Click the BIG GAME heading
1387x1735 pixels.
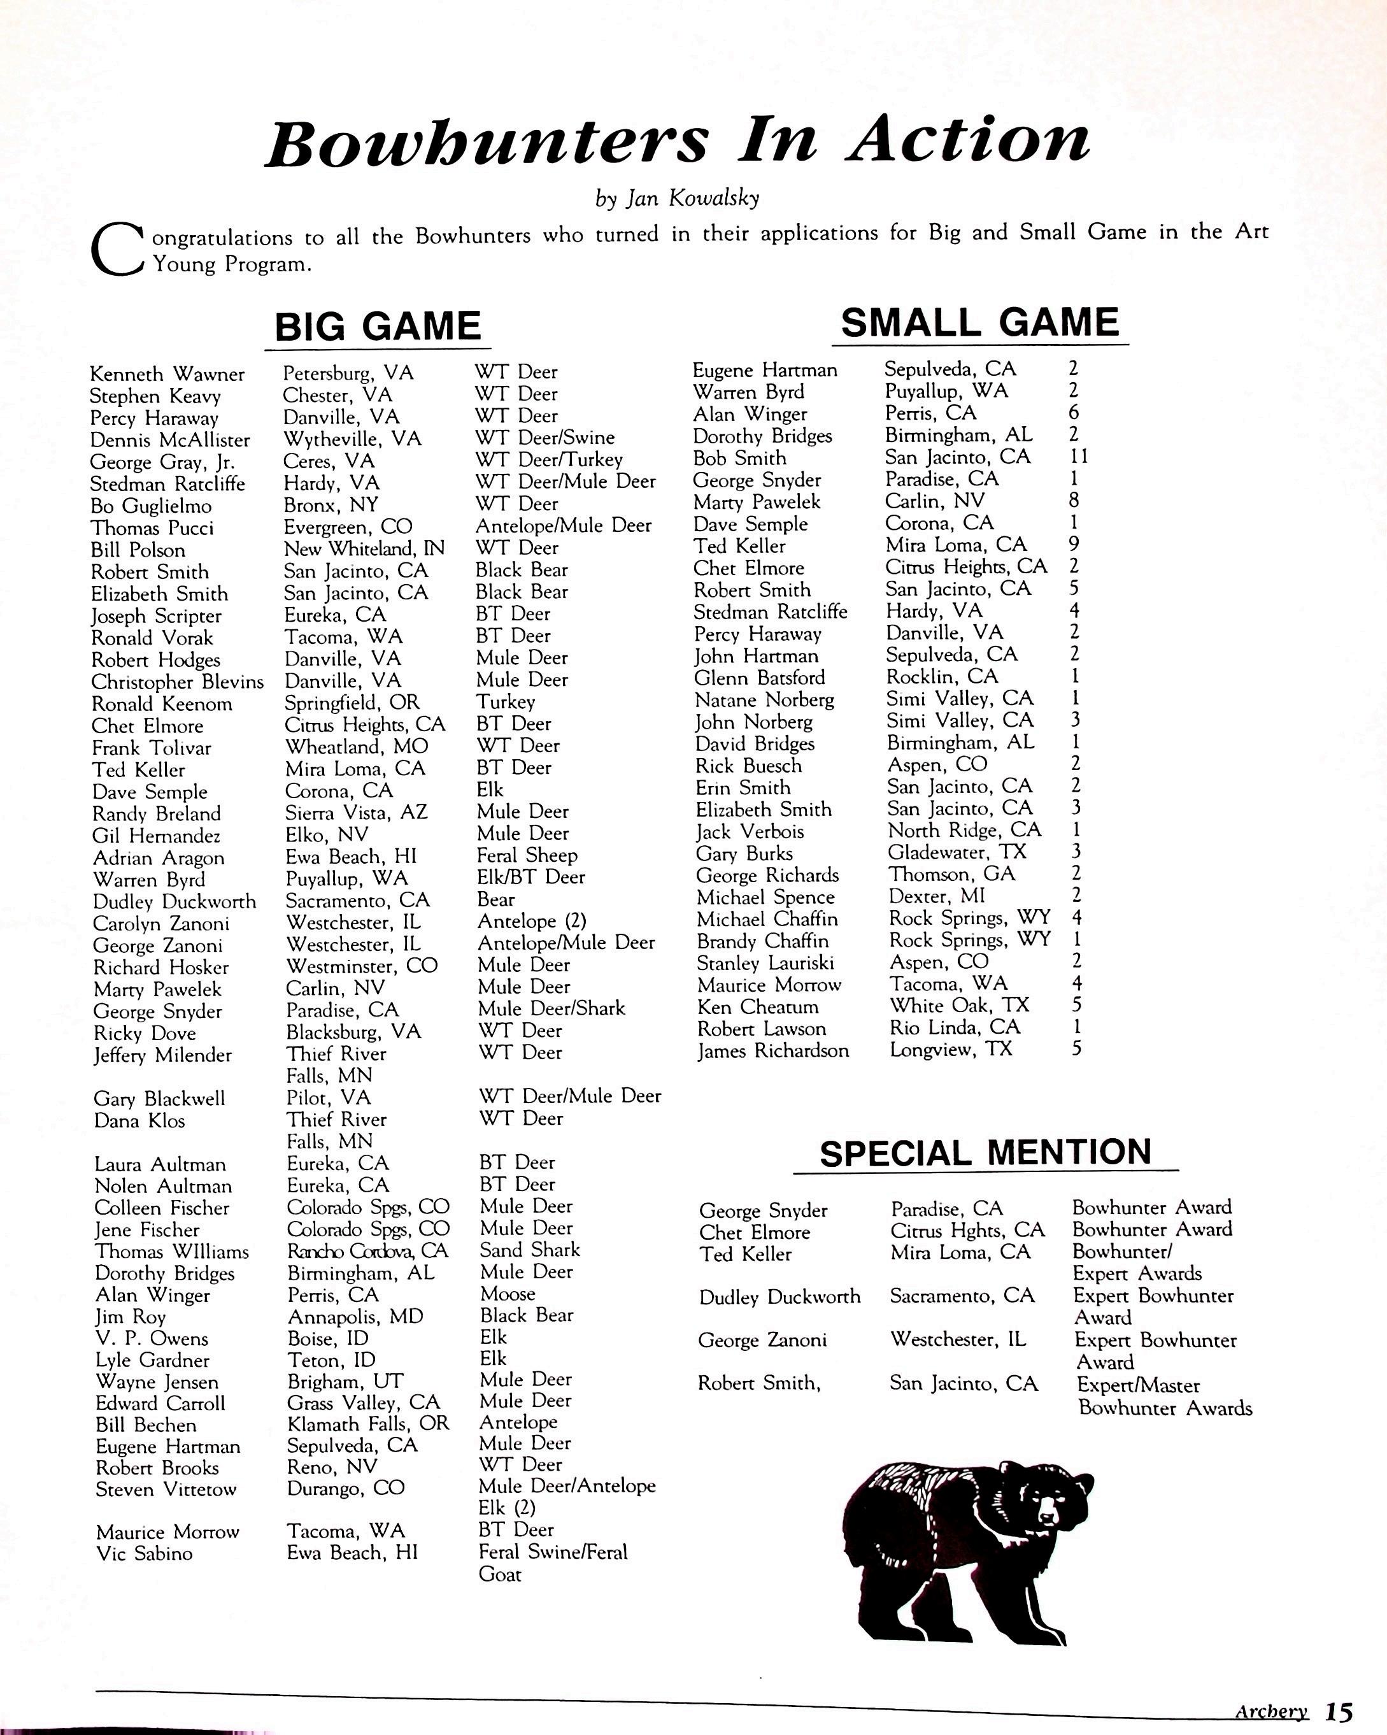[x=378, y=327]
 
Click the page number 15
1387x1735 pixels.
[x=1339, y=1711]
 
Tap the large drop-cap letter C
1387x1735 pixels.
[x=117, y=250]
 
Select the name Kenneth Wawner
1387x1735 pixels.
[x=167, y=375]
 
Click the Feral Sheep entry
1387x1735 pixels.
[x=527, y=855]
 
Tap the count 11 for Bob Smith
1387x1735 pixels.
[x=1078, y=456]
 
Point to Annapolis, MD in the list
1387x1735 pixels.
[x=355, y=1317]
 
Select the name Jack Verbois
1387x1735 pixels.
[x=750, y=831]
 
